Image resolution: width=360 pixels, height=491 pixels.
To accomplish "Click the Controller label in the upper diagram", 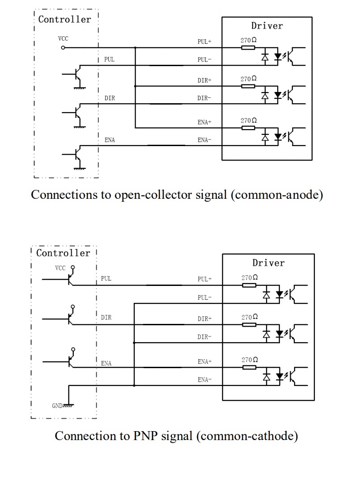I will (64, 19).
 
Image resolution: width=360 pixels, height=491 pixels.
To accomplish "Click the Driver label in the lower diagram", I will (268, 263).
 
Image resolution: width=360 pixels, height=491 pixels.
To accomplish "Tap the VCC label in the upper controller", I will (63, 39).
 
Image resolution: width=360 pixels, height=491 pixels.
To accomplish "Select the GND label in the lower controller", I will (57, 406).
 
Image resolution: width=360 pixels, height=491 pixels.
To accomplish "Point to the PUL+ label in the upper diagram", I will (204, 42).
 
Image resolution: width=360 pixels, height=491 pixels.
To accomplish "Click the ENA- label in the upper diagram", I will (204, 140).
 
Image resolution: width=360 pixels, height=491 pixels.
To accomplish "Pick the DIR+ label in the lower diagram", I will (204, 319).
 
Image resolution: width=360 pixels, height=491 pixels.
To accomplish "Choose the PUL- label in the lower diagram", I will (204, 298).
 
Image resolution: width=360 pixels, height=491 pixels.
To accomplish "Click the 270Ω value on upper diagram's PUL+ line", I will (249, 40).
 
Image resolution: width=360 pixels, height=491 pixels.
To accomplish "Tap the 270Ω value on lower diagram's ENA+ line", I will (250, 360).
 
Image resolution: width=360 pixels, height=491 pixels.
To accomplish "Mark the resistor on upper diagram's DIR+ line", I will (248, 86).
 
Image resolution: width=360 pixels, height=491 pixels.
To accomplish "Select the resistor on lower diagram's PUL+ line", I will (249, 285).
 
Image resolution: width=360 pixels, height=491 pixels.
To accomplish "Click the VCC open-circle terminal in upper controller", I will (63, 47).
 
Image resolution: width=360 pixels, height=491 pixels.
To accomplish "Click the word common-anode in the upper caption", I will (277, 195).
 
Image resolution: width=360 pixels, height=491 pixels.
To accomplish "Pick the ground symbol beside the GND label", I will (68, 406).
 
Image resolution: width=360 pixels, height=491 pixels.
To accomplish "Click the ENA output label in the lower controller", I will (106, 363).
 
